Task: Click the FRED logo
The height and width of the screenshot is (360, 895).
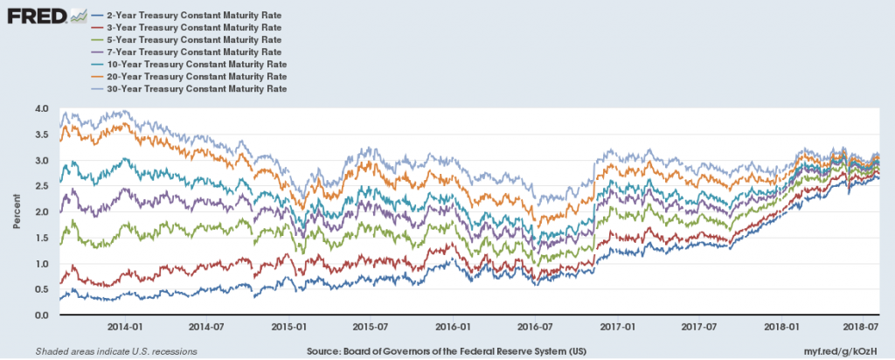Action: tap(45, 16)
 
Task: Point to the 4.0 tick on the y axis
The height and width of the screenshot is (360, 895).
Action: tap(43, 108)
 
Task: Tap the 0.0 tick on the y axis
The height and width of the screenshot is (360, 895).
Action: tap(43, 315)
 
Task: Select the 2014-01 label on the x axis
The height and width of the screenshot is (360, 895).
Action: tap(125, 327)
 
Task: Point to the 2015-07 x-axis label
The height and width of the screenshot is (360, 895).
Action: tap(370, 327)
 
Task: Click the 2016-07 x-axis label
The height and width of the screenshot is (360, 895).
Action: tap(535, 327)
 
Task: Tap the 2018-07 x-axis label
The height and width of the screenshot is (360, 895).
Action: tap(861, 327)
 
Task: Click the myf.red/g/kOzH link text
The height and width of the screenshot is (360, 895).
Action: tap(847, 350)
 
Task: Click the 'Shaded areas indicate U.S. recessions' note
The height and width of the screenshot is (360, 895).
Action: tap(115, 350)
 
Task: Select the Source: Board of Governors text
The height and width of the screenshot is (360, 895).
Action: tap(447, 350)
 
